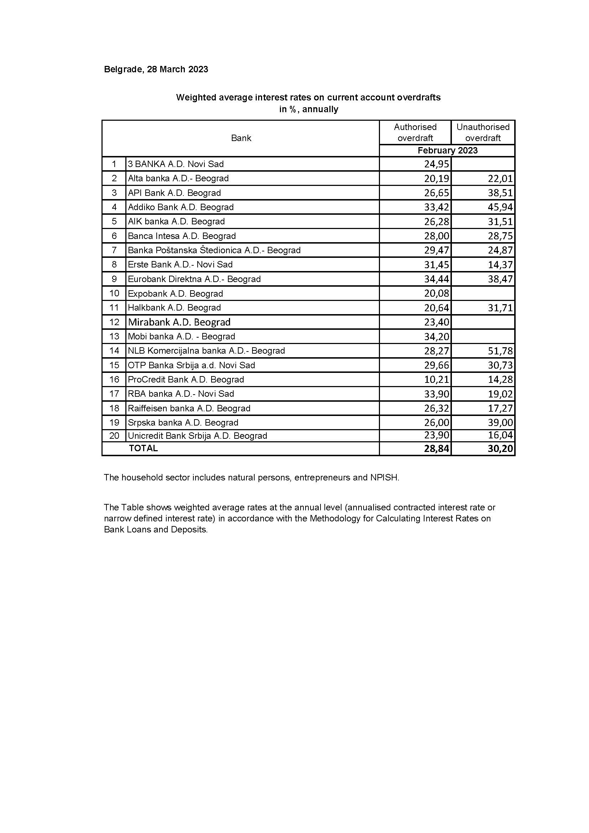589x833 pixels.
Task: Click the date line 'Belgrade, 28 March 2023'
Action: pos(156,69)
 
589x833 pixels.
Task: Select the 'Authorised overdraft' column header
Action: pos(415,132)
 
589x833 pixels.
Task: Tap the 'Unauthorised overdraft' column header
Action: pos(483,132)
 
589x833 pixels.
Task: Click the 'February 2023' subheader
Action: pos(447,151)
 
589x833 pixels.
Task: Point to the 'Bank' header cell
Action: pos(241,138)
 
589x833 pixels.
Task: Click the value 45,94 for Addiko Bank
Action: pos(500,207)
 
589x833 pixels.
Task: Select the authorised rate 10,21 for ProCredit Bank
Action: pos(437,380)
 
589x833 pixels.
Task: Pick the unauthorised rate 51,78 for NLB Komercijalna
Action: pos(500,351)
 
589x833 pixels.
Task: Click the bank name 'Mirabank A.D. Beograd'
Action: pos(179,322)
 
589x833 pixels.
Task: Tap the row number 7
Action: pos(114,250)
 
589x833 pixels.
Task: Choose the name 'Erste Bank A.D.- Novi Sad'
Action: pos(180,265)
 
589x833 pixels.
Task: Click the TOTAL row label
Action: pos(143,448)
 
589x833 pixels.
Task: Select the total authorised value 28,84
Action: pos(437,449)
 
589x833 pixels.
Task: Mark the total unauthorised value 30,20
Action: pos(500,449)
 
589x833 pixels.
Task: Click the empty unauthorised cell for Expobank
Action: pos(483,293)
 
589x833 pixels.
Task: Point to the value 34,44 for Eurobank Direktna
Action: pos(437,279)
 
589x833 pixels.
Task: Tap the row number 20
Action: pos(114,436)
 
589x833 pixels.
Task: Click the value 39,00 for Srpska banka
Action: pos(500,423)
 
